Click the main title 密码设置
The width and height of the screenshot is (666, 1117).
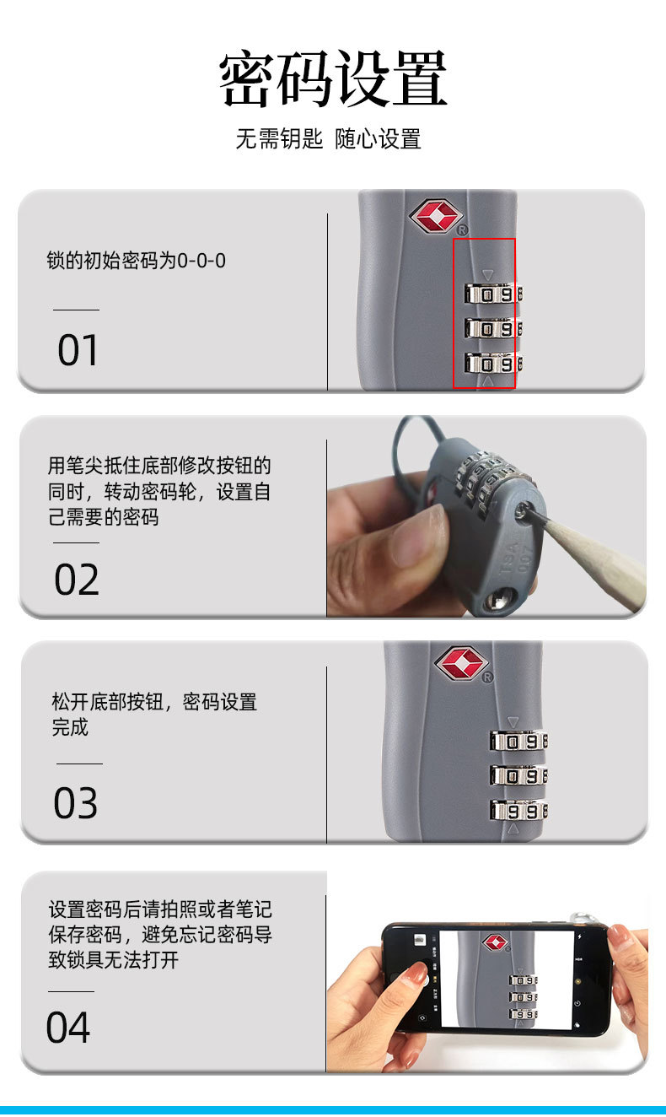coord(333,79)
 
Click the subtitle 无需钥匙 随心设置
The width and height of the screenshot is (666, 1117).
coord(328,139)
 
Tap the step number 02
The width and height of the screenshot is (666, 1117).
coord(77,580)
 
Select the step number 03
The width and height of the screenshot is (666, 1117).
coord(76,803)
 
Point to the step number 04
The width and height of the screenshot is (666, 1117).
coord(67,1028)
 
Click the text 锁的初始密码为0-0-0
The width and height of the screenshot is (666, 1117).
coord(137,261)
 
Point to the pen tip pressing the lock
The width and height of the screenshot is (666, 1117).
coord(529,510)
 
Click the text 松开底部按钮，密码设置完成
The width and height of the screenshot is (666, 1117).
coord(154,714)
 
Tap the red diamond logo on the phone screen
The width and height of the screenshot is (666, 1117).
coord(496,942)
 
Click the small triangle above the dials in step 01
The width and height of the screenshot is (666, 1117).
coord(487,274)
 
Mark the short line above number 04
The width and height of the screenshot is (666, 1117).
coord(71,991)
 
